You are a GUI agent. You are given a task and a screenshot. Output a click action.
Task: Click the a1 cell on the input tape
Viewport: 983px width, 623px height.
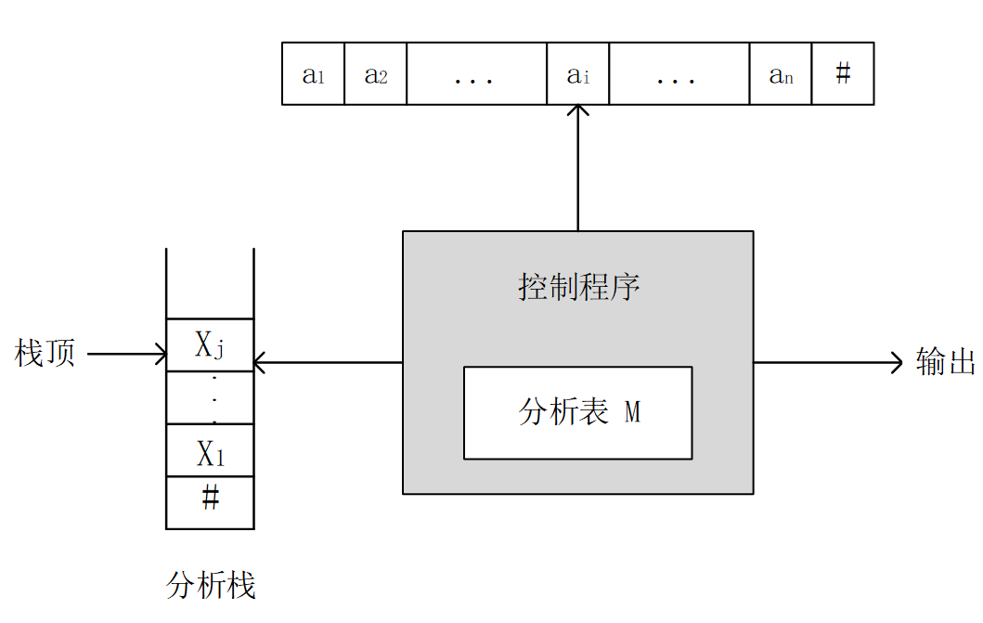pyautogui.click(x=313, y=73)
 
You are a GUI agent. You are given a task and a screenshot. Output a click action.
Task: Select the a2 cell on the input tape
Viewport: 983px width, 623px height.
pyautogui.click(x=375, y=73)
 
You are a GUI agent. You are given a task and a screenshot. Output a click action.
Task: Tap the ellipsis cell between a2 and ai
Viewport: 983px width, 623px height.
pyautogui.click(x=476, y=73)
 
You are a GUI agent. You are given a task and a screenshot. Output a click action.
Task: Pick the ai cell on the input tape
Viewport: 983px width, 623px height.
pyautogui.click(x=577, y=73)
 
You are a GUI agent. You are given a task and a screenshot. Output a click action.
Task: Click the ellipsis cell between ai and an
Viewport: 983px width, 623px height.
pyautogui.click(x=679, y=73)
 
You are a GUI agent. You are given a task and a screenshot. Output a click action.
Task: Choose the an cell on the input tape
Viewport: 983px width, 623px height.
pyautogui.click(x=781, y=73)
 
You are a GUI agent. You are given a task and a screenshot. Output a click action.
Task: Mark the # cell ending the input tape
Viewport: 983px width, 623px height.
pyautogui.click(x=843, y=73)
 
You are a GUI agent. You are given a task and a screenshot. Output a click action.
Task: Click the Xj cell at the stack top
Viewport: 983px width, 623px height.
pyautogui.click(x=210, y=345)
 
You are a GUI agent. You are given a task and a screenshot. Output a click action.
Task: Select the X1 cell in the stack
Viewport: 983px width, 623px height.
pyautogui.click(x=210, y=451)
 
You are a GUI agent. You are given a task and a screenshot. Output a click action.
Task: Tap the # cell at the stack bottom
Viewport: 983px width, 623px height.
pyautogui.click(x=210, y=501)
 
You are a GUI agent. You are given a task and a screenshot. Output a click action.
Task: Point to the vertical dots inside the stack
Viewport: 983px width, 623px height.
pyautogui.click(x=213, y=398)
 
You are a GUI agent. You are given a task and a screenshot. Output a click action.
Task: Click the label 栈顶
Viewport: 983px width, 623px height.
pyautogui.click(x=45, y=354)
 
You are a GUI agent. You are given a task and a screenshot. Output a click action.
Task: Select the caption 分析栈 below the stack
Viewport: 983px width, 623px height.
pyautogui.click(x=211, y=585)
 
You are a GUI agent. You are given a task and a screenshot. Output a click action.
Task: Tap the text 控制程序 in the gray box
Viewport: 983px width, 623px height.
pyautogui.click(x=578, y=287)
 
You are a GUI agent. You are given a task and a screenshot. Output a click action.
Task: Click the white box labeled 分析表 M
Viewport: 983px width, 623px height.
pyautogui.click(x=577, y=412)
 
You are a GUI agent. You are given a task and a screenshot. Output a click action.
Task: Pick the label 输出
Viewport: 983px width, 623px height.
pyautogui.click(x=946, y=362)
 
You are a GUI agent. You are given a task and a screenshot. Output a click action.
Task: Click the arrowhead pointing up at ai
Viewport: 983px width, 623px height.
pyautogui.click(x=578, y=111)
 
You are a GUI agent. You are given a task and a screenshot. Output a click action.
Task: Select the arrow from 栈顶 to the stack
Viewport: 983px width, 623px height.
pyautogui.click(x=125, y=354)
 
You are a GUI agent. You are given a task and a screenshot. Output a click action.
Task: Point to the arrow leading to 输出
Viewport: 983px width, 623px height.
pyautogui.click(x=826, y=362)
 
